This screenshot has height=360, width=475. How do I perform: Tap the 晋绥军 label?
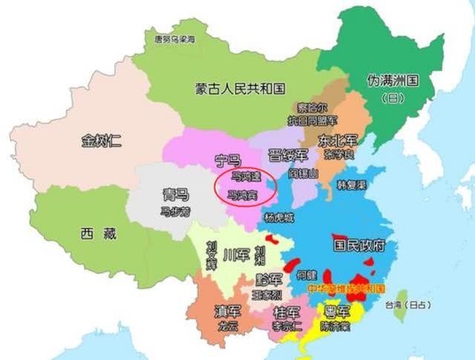[287, 156]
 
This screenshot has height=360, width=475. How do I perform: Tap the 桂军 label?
[286, 312]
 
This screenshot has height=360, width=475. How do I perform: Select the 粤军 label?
[338, 310]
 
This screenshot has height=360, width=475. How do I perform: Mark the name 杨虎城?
[279, 218]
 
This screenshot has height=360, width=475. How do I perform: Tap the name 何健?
[307, 274]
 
